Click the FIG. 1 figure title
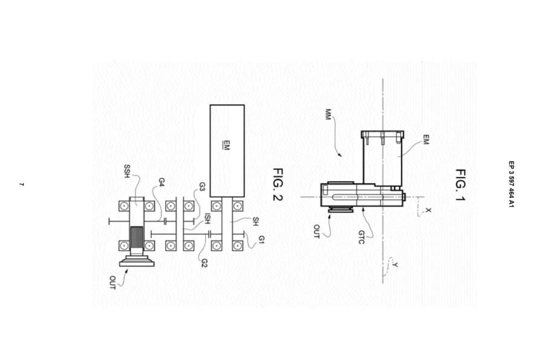click(x=461, y=185)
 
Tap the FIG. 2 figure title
click(x=278, y=184)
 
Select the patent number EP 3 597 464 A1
click(x=511, y=184)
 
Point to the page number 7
click(x=22, y=184)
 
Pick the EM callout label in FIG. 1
click(x=426, y=140)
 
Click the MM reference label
click(x=328, y=114)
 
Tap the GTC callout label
click(x=361, y=237)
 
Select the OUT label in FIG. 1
click(x=316, y=231)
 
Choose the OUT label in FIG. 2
click(x=112, y=283)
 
